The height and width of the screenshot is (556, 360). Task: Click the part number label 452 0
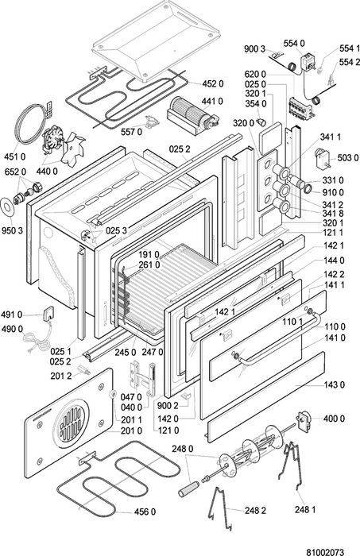click(x=213, y=83)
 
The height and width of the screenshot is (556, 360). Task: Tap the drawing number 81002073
click(x=325, y=552)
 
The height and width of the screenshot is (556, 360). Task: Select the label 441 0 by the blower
click(x=212, y=102)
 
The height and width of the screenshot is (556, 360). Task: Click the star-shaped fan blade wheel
click(x=73, y=149)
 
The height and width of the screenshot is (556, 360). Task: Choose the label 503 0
click(x=348, y=158)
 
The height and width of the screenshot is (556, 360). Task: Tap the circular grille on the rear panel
click(x=70, y=420)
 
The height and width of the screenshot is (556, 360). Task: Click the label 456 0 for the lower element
click(x=145, y=512)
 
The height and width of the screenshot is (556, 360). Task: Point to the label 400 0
click(x=334, y=419)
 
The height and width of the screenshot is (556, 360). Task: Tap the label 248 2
click(x=255, y=510)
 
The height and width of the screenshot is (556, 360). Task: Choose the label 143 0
click(x=334, y=384)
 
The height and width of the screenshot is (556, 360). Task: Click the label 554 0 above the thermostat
click(x=294, y=43)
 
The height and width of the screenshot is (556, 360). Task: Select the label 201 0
click(x=132, y=431)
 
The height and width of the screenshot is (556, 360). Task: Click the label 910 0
click(x=333, y=192)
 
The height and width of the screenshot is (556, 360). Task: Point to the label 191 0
click(x=149, y=254)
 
